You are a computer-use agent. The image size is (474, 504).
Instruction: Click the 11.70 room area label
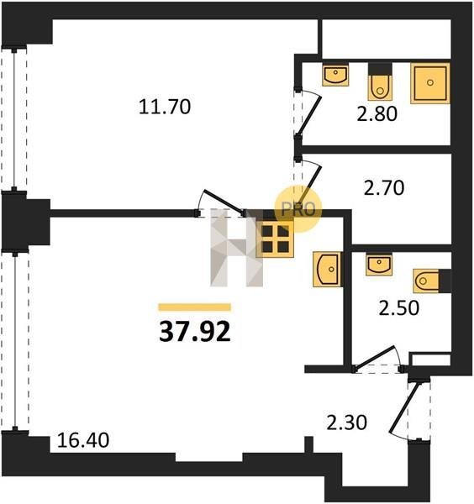165,107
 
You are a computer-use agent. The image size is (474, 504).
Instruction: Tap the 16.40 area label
83,440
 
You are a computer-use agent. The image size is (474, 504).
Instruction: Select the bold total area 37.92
195,332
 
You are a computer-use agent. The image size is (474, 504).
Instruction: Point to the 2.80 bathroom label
377,113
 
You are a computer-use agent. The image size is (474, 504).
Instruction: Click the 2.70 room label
383,188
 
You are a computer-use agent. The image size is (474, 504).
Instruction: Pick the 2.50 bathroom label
398,308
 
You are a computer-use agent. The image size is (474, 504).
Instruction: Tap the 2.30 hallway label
346,423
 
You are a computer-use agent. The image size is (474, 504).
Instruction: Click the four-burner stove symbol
275,239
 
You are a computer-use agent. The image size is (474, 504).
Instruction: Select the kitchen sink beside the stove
327,269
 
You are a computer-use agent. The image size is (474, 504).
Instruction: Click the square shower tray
430,83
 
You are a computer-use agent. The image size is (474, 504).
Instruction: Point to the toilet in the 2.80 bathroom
380,81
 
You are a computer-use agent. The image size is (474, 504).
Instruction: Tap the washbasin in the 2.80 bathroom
335,74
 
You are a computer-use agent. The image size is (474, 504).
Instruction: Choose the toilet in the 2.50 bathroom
432,281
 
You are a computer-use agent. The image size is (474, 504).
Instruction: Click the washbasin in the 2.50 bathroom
379,265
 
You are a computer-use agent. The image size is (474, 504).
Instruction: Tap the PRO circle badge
298,209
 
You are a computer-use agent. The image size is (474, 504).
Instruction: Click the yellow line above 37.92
194,307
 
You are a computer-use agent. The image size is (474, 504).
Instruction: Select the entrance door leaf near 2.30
404,408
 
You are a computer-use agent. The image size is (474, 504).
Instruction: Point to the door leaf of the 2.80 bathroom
309,117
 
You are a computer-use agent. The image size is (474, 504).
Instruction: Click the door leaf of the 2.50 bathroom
374,358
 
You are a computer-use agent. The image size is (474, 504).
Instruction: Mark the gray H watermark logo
236,248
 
